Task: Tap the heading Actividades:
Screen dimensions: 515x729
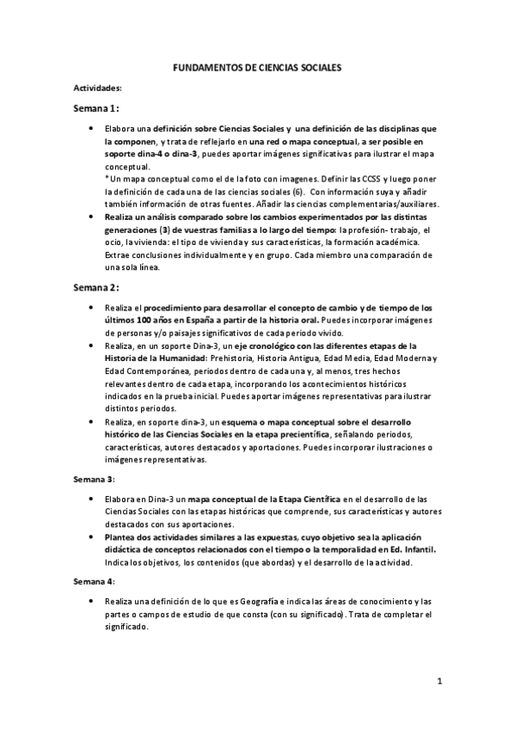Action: [x=97, y=88]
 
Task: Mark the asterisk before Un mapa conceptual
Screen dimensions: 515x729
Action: [x=107, y=177]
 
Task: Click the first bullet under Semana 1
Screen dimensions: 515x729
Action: [x=91, y=128]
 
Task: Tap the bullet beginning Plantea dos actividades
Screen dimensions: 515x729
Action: [x=91, y=535]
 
